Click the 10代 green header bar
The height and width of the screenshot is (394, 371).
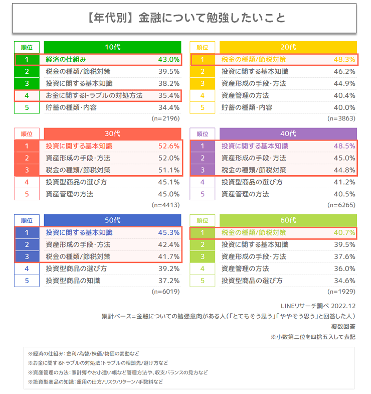point(112,47)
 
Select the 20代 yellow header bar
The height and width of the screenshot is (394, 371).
point(288,47)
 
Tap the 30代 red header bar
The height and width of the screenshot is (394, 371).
point(112,134)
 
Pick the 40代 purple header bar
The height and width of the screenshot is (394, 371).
point(288,134)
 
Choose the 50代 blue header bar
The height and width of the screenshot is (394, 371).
point(112,220)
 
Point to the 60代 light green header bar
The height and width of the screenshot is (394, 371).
point(288,220)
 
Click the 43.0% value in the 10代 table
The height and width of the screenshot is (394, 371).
point(168,59)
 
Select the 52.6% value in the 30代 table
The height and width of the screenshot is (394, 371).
point(168,146)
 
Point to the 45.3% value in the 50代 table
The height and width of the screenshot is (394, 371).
point(168,232)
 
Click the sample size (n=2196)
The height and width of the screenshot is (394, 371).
point(165,118)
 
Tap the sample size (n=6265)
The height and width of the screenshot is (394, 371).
point(341,205)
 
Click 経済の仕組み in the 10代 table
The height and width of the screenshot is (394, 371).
point(66,59)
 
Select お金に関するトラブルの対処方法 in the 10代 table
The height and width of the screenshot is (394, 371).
point(94,95)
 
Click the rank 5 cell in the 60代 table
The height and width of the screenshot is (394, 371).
point(203,281)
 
